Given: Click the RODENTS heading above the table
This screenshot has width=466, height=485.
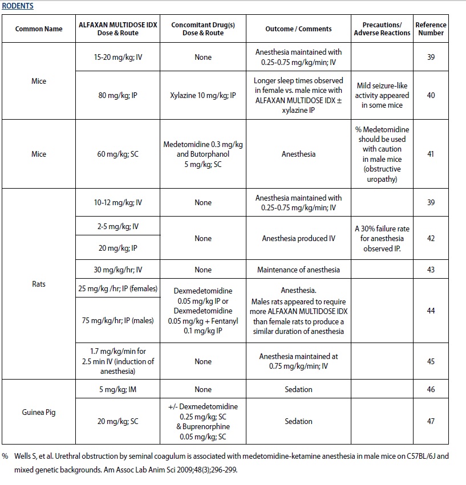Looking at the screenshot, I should coord(17,6).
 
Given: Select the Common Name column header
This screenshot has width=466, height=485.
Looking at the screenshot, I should coord(39,28).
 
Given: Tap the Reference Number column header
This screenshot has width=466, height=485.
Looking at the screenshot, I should coord(431,28).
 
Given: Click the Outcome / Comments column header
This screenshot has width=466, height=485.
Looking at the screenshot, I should coord(298,28).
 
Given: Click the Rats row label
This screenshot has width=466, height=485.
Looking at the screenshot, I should coord(39,283).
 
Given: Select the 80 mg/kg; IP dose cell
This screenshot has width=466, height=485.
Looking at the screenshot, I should coord(119,95).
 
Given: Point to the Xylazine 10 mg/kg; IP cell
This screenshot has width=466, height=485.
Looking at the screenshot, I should coord(202,95).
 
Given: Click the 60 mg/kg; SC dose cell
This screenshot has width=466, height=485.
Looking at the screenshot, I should coord(119,154).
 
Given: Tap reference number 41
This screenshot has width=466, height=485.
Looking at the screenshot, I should coord(431,154).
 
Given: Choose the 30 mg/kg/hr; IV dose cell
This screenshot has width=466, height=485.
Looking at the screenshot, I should coord(119,270).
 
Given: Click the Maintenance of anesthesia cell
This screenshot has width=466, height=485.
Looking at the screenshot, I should coord(298,270).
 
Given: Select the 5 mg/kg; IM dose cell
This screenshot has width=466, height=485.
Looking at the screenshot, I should coord(119,389).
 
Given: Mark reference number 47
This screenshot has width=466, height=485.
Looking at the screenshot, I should coord(431,421).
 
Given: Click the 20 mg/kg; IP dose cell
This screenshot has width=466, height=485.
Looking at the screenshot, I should coord(119,249).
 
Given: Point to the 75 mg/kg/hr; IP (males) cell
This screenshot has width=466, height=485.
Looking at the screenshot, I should coord(119,320).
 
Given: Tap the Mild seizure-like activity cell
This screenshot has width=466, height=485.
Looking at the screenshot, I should coord(382,95).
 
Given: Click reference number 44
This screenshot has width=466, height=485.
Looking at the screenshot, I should coord(431,311).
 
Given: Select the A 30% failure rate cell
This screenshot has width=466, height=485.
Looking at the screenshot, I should coord(382,238).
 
